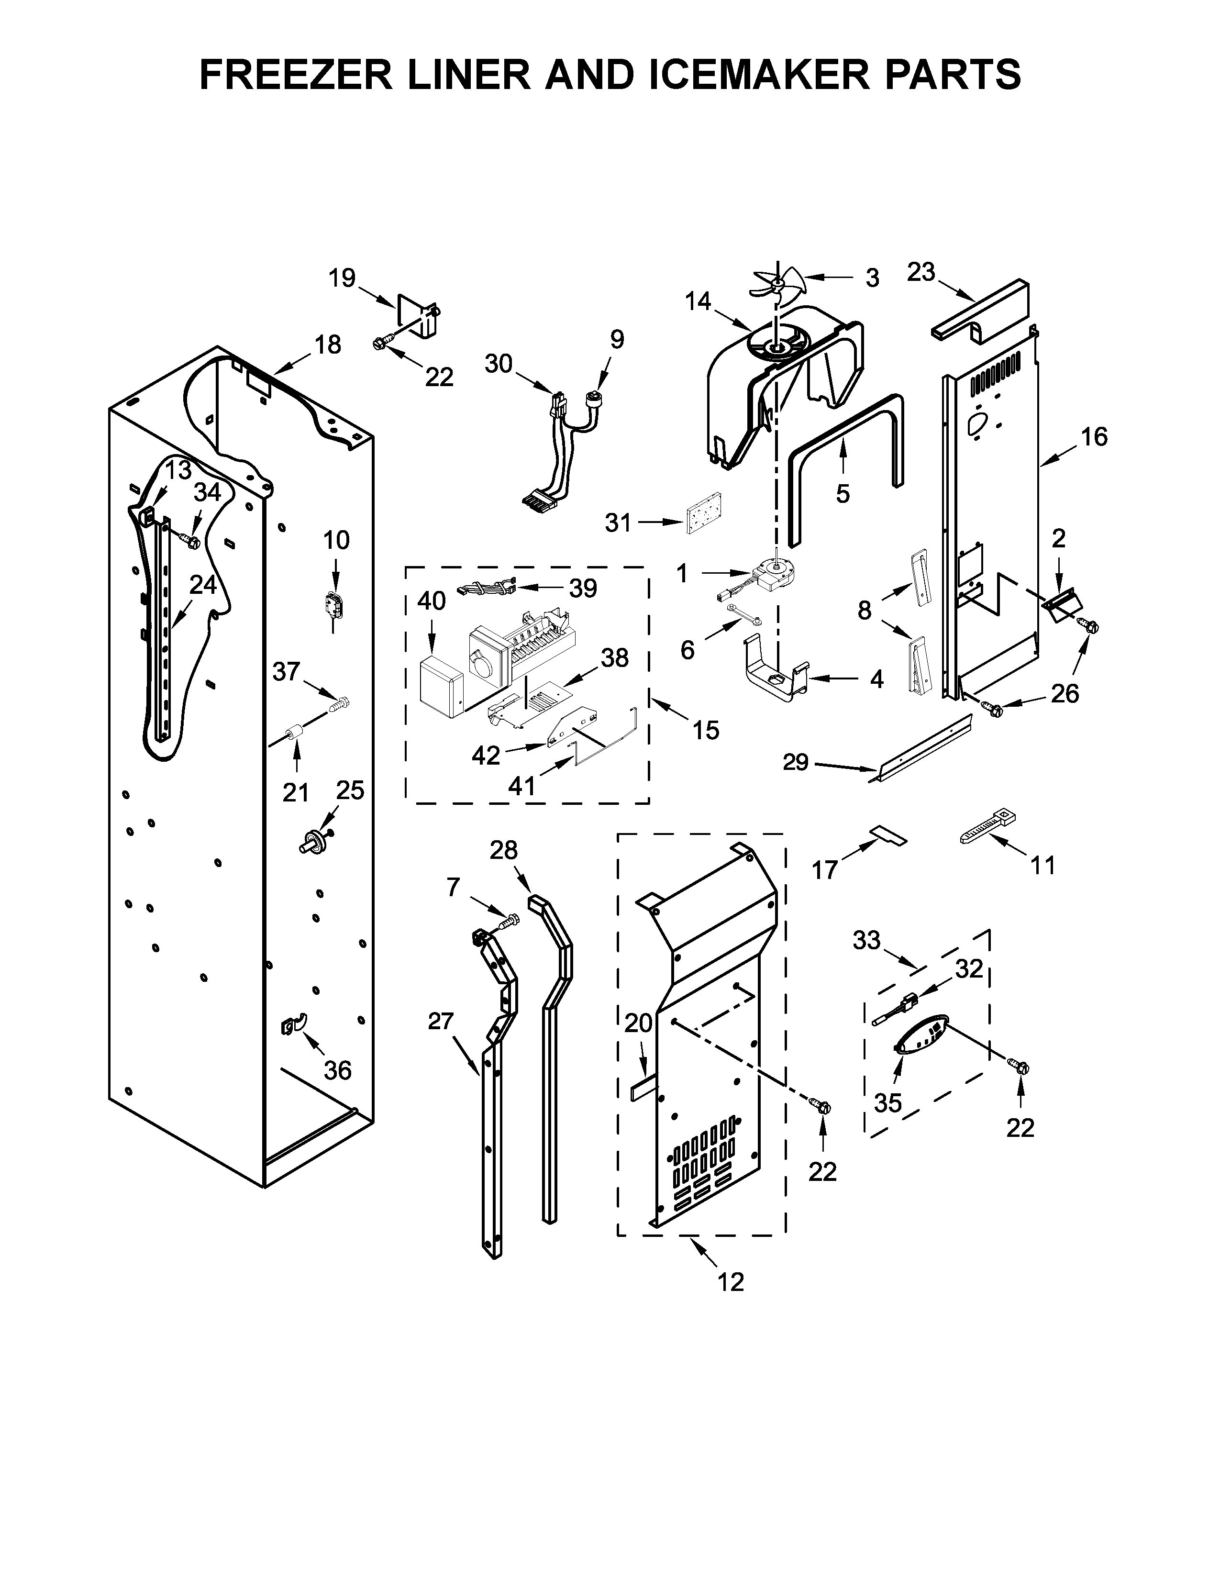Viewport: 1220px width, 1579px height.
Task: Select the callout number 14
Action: tap(698, 301)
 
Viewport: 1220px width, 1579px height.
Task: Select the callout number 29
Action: tap(795, 762)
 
